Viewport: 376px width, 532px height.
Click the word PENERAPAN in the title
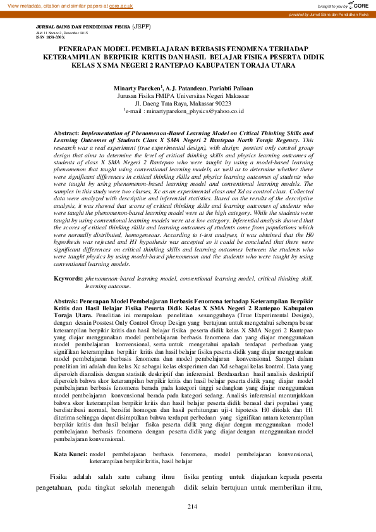78,48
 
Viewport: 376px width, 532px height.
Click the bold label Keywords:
69,278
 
